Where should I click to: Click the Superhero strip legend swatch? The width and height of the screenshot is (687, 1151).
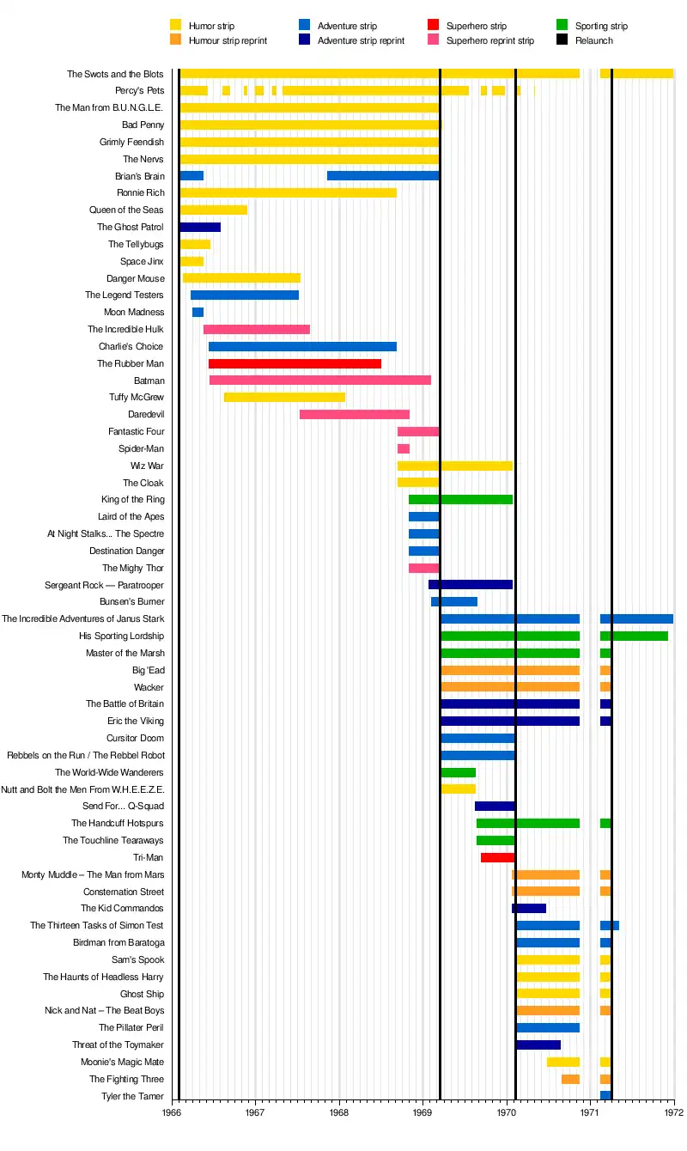[x=434, y=26]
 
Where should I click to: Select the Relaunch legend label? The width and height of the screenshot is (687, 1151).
[x=594, y=40]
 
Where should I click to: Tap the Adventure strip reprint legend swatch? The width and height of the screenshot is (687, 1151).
[x=305, y=40]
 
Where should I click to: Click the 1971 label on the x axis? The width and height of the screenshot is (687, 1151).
[x=590, y=1112]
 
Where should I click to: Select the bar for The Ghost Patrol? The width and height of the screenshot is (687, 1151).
[x=200, y=228]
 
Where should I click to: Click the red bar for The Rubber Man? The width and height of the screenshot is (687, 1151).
[x=295, y=364]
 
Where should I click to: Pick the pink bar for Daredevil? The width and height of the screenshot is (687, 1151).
[x=354, y=415]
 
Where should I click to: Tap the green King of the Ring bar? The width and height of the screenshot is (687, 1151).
[x=460, y=500]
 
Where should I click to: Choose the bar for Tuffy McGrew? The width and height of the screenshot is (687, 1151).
[x=284, y=398]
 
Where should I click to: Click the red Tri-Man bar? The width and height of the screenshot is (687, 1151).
[x=497, y=858]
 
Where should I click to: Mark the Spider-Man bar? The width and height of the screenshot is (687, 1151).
[x=403, y=449]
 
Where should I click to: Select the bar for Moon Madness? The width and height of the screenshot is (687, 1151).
[x=198, y=313]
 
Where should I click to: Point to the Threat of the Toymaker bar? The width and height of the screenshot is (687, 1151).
[x=538, y=1045]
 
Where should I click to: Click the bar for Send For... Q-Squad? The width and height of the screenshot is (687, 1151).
[x=495, y=807]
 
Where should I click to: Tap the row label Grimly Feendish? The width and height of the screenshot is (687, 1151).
[x=131, y=143]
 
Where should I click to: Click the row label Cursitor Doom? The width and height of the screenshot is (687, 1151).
[x=135, y=739]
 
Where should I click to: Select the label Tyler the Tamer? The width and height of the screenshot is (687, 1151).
[x=132, y=1097]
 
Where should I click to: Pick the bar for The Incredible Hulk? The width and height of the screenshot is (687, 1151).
[x=256, y=330]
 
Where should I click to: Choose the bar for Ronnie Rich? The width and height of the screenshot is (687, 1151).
[x=288, y=193]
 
